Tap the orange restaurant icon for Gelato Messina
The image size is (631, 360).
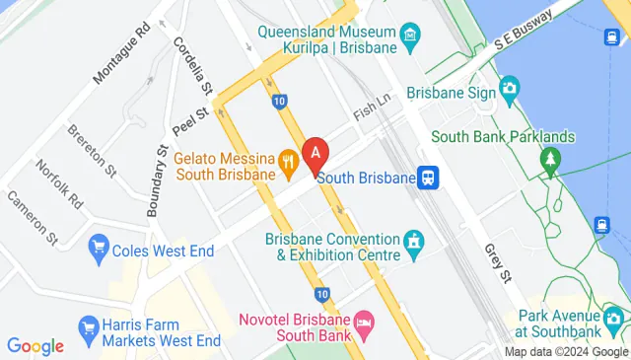pyautogui.click(x=288, y=159)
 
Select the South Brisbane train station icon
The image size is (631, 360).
pyautogui.click(x=428, y=178)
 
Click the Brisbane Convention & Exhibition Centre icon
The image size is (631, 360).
pyautogui.click(x=415, y=240)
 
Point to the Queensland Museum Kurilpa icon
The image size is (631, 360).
pyautogui.click(x=409, y=38)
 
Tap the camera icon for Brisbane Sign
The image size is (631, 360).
pyautogui.click(x=509, y=90)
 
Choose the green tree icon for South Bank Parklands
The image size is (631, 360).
pyautogui.click(x=549, y=158)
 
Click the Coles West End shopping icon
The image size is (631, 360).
pyautogui.click(x=98, y=245)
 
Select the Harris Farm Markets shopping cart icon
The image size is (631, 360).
pyautogui.click(x=89, y=325)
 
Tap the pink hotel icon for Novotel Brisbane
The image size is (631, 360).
pyautogui.click(x=364, y=322)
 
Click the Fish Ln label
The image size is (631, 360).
pyautogui.click(x=374, y=114)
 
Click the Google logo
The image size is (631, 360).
pyautogui.click(x=35, y=346)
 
